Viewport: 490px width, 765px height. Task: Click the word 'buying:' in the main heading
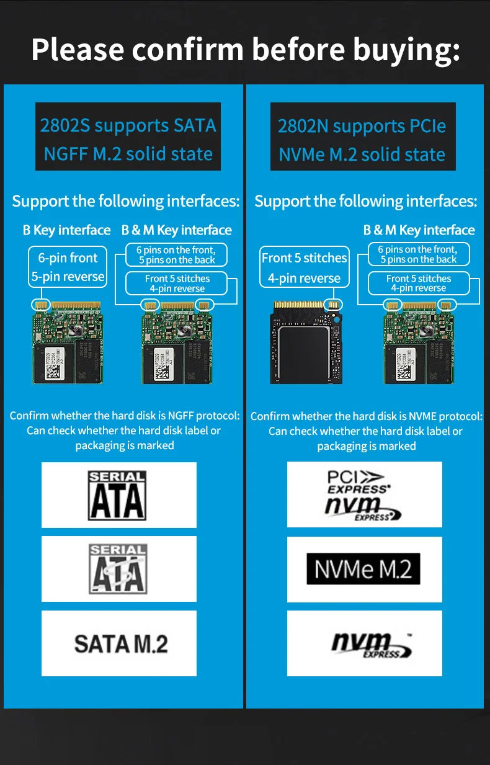point(406,50)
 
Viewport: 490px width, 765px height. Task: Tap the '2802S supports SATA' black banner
point(128,136)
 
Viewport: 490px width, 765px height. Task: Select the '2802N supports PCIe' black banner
point(363,136)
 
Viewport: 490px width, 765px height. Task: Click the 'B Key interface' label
point(66,230)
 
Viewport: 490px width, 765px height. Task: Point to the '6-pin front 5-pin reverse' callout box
point(68,267)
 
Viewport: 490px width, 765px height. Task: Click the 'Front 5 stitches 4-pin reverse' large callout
point(305,267)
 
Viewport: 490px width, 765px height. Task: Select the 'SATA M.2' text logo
point(121,644)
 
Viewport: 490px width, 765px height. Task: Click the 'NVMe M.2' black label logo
point(363,569)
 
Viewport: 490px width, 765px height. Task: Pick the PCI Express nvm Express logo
point(362,495)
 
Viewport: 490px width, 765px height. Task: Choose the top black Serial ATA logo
point(117,495)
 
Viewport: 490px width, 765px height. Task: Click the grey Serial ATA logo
point(118,569)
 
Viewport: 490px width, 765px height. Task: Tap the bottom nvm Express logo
point(372,645)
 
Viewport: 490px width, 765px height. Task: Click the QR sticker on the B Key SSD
point(53,364)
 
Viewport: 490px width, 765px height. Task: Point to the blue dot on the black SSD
point(336,320)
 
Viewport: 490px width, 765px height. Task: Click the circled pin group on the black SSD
point(333,305)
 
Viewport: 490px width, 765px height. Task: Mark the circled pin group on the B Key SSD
point(41,305)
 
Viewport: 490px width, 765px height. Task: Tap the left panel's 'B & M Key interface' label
point(177,230)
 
